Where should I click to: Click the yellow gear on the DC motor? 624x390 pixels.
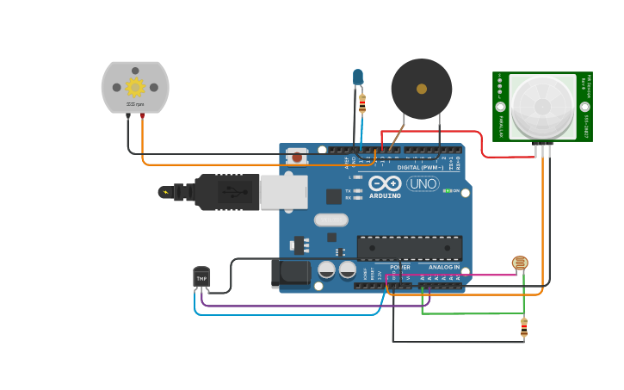[135, 87]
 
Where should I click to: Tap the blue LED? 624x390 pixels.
[358, 77]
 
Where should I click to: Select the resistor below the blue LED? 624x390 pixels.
[361, 104]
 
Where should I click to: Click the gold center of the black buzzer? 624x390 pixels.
[421, 89]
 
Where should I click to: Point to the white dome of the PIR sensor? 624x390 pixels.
[542, 106]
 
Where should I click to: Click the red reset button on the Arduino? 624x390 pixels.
[297, 157]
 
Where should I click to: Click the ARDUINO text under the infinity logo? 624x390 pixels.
[385, 195]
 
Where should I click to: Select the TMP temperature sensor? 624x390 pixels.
[201, 278]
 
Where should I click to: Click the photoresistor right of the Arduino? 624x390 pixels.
[520, 263]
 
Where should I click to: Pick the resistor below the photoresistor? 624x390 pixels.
[524, 326]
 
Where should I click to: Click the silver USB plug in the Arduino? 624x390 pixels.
[283, 192]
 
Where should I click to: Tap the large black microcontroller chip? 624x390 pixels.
[409, 248]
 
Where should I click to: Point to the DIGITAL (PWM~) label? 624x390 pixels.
[420, 167]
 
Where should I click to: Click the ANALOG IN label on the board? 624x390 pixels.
[443, 267]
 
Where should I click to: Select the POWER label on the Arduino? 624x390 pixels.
[400, 267]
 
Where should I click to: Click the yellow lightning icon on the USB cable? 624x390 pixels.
[164, 192]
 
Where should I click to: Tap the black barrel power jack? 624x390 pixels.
[291, 274]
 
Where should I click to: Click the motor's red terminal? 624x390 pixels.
[142, 115]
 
